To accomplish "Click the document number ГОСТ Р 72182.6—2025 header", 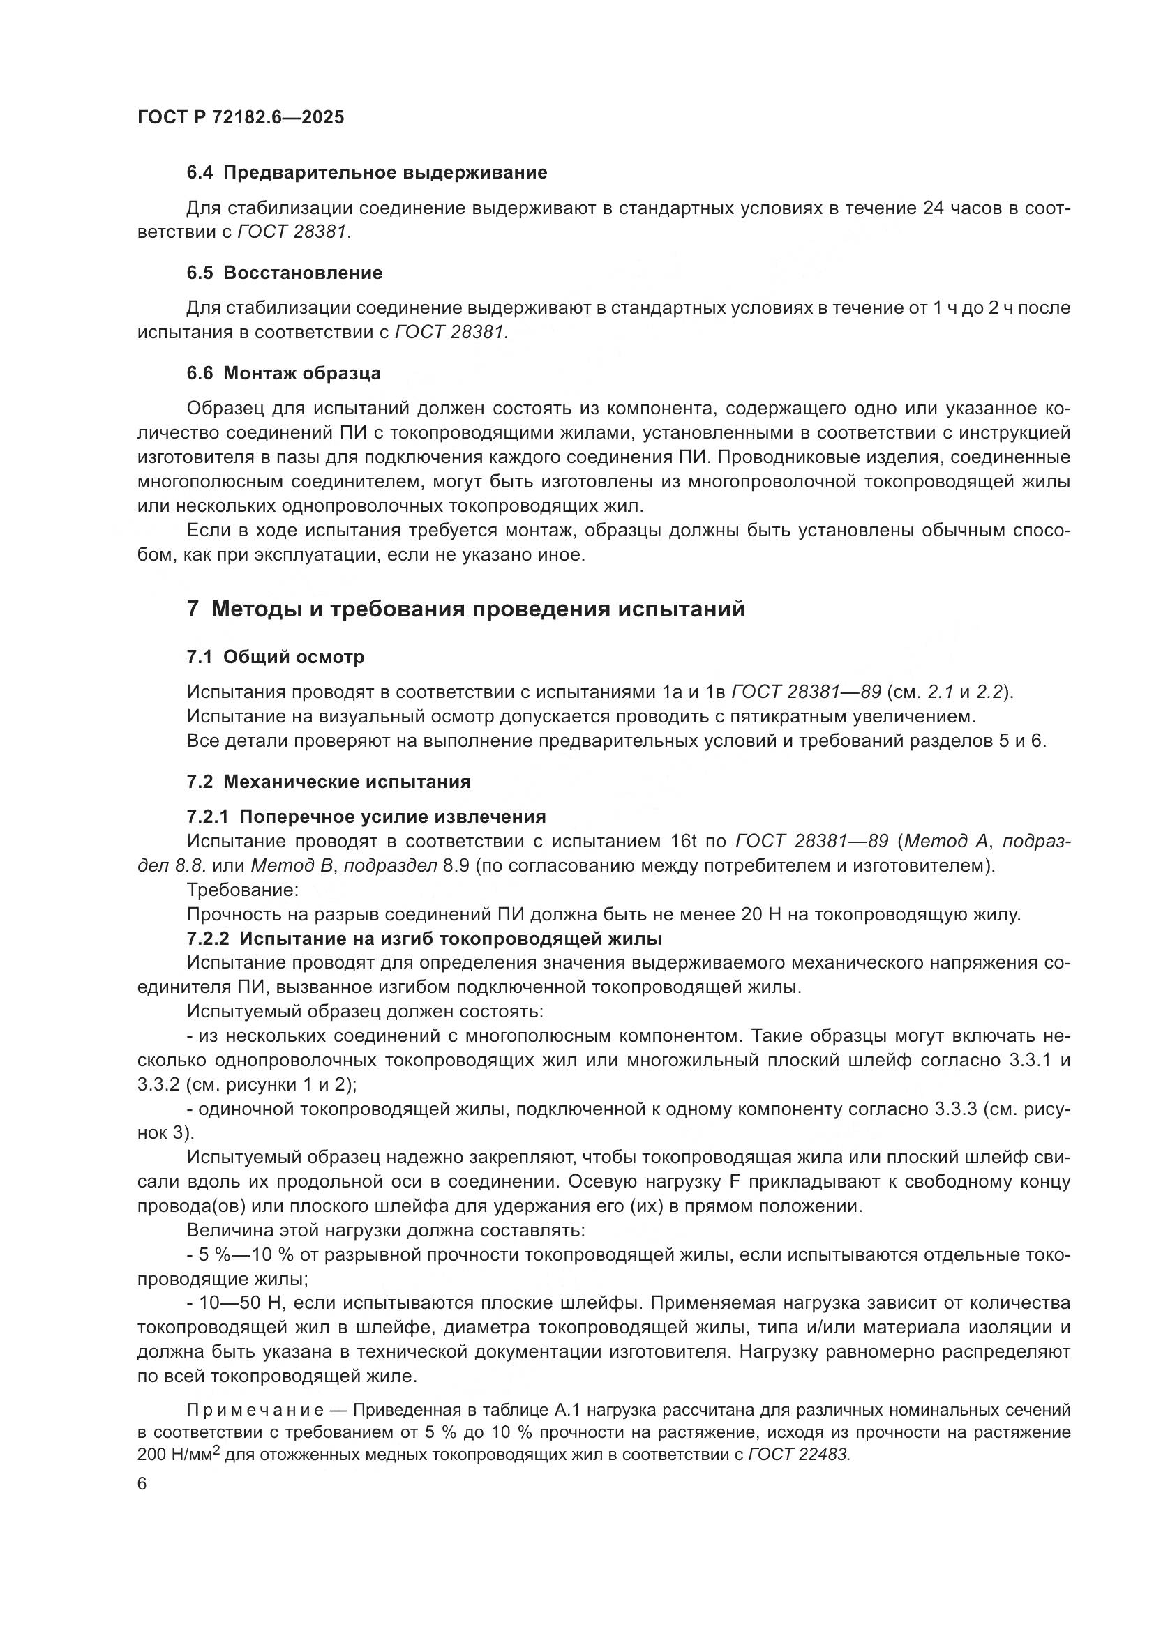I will coord(240,118).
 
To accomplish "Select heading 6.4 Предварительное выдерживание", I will coord(367,173).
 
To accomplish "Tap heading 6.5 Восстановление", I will coord(284,273).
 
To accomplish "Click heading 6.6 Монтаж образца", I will coord(283,373).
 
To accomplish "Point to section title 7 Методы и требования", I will coord(465,609).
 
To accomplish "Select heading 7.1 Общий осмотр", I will coord(275,657).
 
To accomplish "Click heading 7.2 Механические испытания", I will coord(329,782).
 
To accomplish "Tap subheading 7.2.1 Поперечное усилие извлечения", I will coord(366,817).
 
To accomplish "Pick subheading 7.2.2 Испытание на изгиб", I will coord(424,939).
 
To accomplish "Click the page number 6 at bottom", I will coord(142,1485).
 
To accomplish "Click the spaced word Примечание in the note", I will coord(256,1410).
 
